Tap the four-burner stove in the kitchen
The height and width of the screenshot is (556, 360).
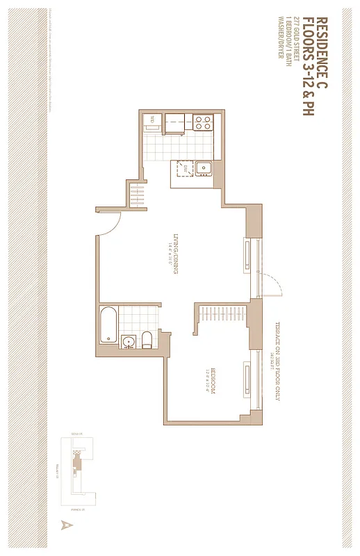pos(202,123)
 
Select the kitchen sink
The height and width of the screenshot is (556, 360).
pos(205,167)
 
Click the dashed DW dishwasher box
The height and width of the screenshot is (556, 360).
pos(185,167)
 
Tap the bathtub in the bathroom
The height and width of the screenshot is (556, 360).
pos(108,324)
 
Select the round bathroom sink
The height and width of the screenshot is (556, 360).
pos(128,341)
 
